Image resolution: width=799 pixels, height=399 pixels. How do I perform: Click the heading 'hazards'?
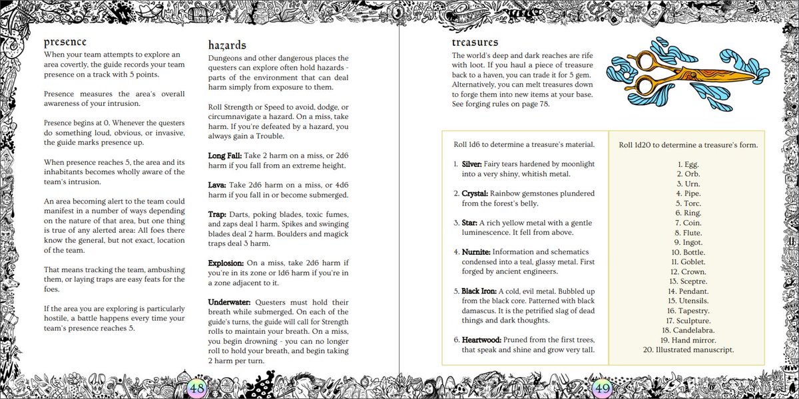tap(227, 45)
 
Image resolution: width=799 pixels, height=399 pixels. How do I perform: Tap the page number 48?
tap(198, 388)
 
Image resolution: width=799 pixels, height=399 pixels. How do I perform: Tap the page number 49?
tap(601, 388)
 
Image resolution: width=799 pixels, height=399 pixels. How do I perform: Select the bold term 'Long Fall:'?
tap(224, 155)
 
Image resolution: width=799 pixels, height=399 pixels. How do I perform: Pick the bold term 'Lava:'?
tap(217, 185)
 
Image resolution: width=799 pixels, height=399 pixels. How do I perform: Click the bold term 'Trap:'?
tap(217, 215)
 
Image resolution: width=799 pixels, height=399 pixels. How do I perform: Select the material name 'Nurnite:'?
tap(478, 253)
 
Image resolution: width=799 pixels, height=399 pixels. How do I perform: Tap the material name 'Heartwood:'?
tap(483, 339)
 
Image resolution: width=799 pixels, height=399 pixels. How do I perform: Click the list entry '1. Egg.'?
tap(688, 164)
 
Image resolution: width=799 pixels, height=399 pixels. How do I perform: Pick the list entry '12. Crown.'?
tap(688, 272)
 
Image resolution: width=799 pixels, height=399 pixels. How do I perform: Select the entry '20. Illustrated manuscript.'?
tap(688, 349)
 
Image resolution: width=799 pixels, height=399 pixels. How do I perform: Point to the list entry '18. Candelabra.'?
tap(688, 330)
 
